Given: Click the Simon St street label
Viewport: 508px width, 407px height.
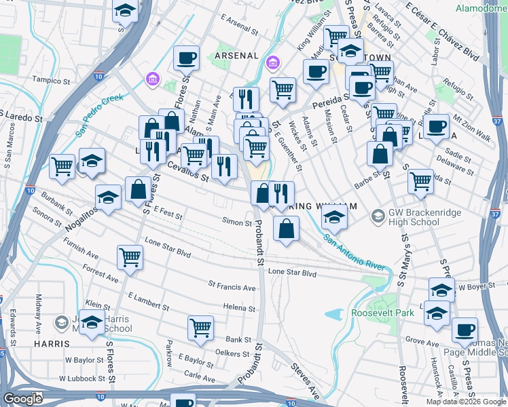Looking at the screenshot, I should pyautogui.click(x=237, y=222).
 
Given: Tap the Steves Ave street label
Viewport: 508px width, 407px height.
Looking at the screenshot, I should pyautogui.click(x=306, y=382).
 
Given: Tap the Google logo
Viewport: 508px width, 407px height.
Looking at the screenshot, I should pyautogui.click(x=23, y=399).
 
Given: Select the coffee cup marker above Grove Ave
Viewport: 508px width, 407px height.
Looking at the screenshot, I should pyautogui.click(x=465, y=330).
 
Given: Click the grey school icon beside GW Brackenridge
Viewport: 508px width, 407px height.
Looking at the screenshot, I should pyautogui.click(x=378, y=217).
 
